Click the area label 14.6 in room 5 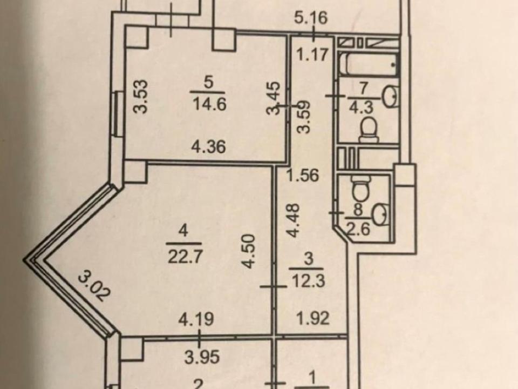(209, 104)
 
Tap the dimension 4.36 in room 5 (209, 146)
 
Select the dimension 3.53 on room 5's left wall (141, 97)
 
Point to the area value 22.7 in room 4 (185, 256)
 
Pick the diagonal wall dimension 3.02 (93, 285)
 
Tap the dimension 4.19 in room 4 (196, 319)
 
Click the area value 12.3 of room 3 (308, 281)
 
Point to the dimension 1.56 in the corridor (303, 175)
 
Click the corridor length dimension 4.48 (292, 220)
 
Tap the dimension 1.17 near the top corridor (312, 54)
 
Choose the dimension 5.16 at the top (311, 17)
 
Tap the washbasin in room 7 (390, 97)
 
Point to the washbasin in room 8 (381, 214)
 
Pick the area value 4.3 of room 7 (362, 108)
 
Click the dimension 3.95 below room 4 (202, 357)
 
